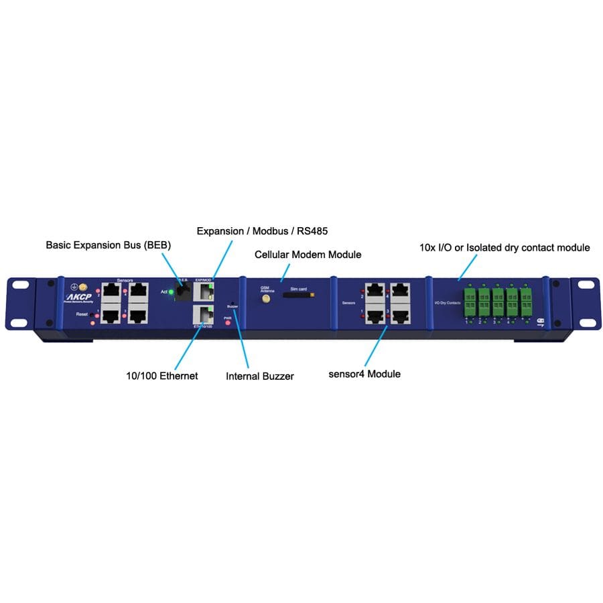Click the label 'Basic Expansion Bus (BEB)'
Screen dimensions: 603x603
coord(108,245)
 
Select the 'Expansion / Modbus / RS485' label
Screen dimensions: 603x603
coord(262,230)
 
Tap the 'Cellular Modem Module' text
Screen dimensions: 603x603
coord(308,255)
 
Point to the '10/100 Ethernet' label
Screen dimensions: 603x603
coord(162,376)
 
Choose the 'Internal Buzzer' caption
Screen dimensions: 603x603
coord(260,377)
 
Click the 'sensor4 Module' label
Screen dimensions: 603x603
coord(364,374)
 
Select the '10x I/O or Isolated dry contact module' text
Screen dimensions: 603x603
coord(500,247)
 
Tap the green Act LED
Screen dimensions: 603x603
coord(171,291)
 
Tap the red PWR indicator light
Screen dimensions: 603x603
coord(228,323)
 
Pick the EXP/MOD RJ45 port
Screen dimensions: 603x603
coord(202,291)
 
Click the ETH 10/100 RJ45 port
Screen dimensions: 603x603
coord(202,314)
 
